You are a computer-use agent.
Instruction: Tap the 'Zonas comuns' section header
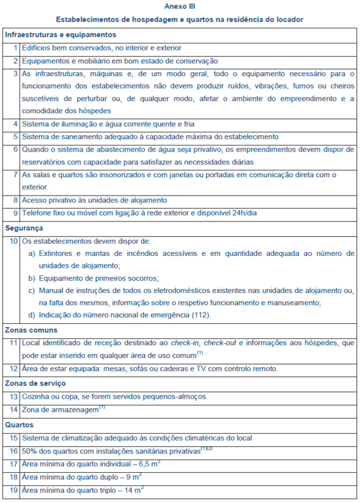pos(31,329)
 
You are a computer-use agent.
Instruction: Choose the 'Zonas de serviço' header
pos(35,383)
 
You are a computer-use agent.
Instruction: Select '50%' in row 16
pos(30,451)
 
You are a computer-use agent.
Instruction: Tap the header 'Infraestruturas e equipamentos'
pos(60,35)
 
